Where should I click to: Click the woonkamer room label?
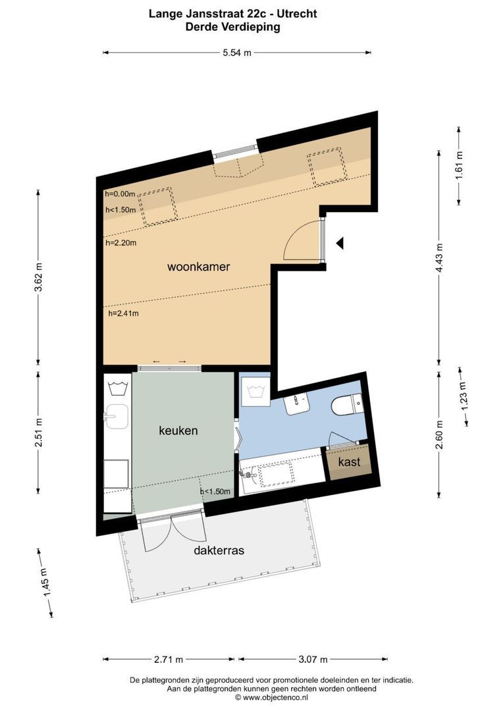pos(198,267)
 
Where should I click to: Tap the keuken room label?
pos(178,431)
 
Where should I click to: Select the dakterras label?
pos(219,550)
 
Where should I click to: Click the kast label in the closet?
pos(349,462)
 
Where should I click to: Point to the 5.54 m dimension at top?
pos(236,53)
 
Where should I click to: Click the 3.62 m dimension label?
pos(38,277)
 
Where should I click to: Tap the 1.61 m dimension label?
pos(460,165)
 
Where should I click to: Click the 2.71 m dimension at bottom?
pos(169,658)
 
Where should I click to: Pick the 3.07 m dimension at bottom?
pos(312,658)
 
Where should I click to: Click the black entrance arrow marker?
pos(340,244)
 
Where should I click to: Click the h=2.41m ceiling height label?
pos(123,313)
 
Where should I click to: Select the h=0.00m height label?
pos(120,194)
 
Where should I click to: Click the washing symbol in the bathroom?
pos(255,393)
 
